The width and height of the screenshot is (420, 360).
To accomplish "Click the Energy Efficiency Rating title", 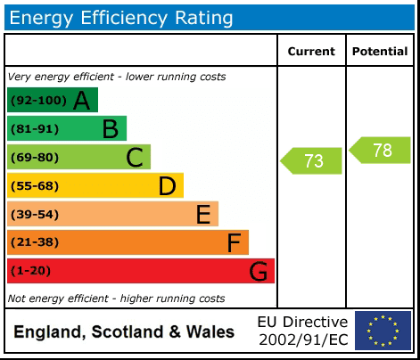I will (121, 17).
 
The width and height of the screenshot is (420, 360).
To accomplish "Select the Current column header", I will (311, 52).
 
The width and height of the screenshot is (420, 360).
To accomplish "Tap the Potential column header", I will (380, 52).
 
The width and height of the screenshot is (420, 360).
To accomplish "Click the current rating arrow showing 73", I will (311, 161).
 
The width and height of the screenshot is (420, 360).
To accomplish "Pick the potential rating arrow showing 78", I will (380, 151).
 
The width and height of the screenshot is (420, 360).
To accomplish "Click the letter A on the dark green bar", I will (81, 101).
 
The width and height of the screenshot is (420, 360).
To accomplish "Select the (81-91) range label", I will (34, 129).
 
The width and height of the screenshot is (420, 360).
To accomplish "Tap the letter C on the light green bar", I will (135, 158).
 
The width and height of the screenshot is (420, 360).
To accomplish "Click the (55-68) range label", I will (34, 186).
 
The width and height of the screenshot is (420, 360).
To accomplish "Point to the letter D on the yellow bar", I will (167, 186).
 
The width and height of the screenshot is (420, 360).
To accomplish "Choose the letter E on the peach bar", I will (203, 215).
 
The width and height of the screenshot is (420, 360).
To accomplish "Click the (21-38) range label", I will (34, 242).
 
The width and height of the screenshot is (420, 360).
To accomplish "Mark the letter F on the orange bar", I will (234, 242).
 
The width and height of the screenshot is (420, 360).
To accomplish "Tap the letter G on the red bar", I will (259, 271).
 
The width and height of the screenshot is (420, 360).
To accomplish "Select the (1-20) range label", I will (30, 271).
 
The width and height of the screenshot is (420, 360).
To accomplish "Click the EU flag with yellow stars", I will (383, 331).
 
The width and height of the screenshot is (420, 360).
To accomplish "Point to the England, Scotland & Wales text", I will (124, 332).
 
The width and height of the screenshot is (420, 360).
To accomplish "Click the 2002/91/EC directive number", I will (302, 340).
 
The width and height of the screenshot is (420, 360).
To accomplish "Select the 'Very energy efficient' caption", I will (117, 77).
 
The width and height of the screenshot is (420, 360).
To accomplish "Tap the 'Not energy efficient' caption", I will (116, 299).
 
